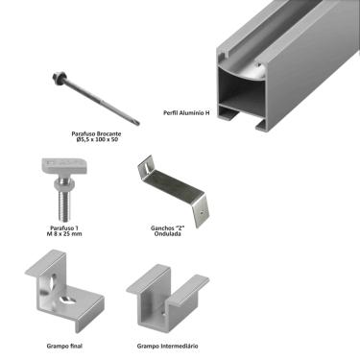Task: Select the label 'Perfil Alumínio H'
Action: pos(187,113)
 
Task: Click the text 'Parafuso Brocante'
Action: pos(95,133)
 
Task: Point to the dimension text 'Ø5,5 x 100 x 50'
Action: pos(95,140)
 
